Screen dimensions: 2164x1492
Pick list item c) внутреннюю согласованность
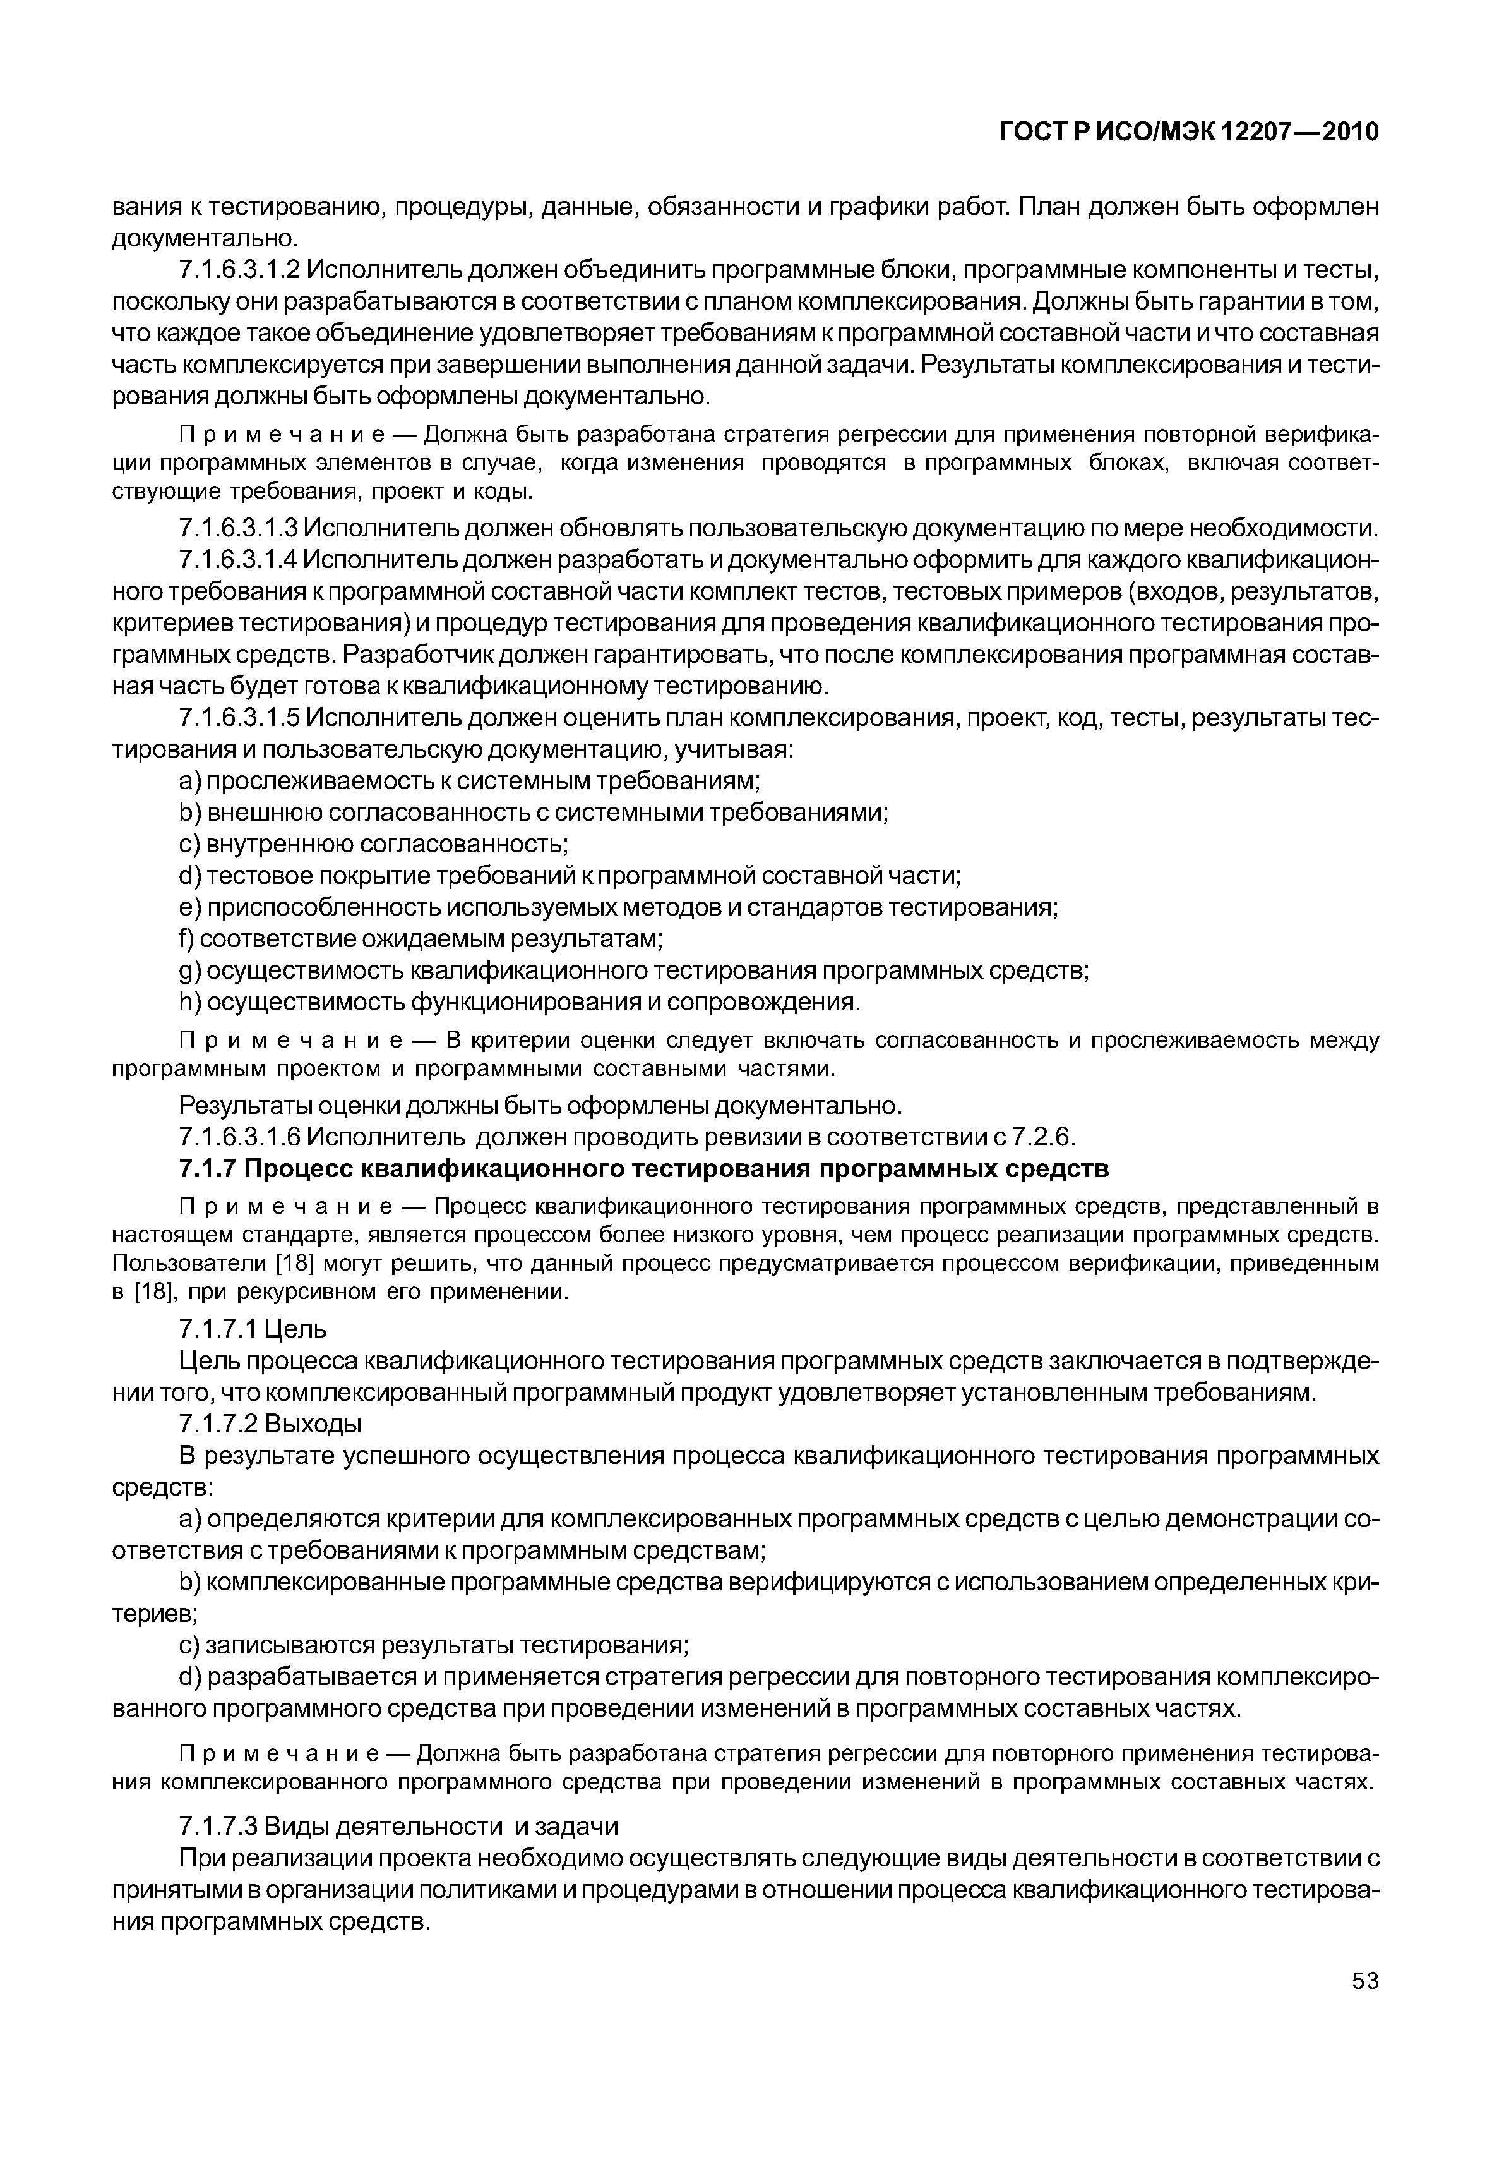pos(374,845)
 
